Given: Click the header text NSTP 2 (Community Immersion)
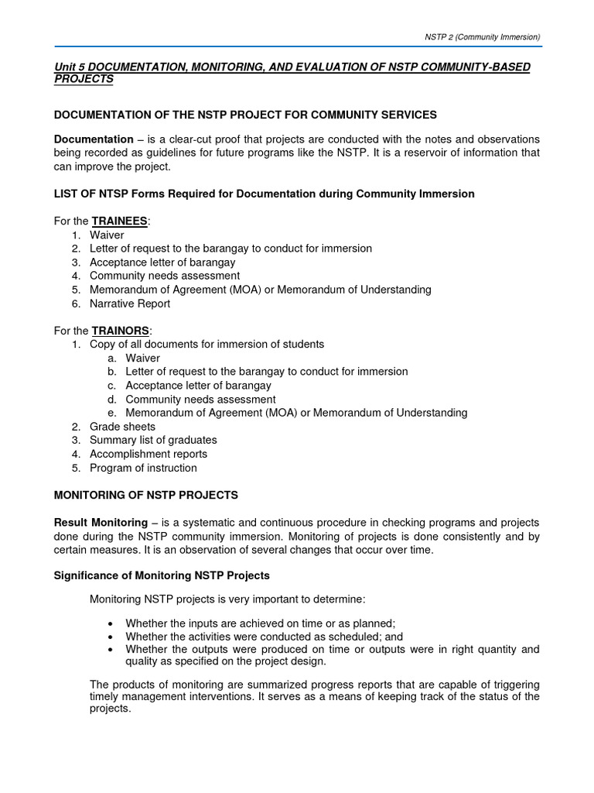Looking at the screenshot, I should (482, 36).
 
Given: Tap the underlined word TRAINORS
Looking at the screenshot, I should (120, 331).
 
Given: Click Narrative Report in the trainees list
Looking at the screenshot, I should (130, 304).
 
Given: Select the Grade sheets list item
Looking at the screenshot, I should (122, 427).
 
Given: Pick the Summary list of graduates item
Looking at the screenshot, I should (153, 440).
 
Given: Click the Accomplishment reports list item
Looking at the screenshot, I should (148, 454).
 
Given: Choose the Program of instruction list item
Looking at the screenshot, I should (143, 468).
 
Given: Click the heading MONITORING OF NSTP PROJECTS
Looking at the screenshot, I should (145, 495).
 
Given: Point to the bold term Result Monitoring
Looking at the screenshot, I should (101, 523).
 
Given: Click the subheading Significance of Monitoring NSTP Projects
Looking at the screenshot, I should (162, 575).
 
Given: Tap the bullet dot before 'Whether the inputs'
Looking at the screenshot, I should (112, 623).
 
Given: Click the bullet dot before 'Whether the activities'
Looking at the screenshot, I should (112, 637).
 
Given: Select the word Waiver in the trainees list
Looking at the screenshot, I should (107, 235).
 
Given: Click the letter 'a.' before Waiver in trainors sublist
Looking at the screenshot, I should (113, 358).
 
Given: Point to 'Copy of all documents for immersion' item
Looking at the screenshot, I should (207, 344).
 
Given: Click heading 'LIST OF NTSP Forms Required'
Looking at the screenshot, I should (264, 194).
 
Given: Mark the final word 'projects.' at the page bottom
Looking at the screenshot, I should (111, 709).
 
